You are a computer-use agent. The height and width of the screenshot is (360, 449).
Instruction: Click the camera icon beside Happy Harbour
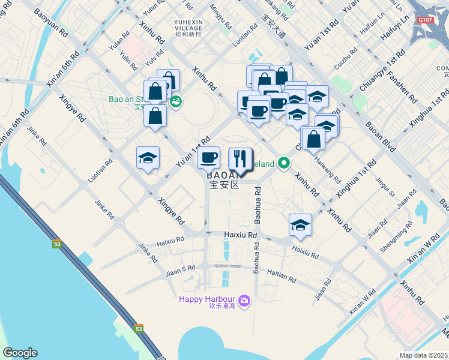244,299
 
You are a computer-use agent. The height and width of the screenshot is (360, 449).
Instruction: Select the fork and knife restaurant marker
240,159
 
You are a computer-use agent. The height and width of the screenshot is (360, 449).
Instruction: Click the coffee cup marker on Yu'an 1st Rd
208,158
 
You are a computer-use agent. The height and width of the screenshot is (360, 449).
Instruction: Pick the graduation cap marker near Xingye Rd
148,158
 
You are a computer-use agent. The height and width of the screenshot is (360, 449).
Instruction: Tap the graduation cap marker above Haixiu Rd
300,225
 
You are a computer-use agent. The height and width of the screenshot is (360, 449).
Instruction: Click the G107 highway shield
425,20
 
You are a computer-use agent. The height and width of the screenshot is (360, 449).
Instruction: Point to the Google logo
20,353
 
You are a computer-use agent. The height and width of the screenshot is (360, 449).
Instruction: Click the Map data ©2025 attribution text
424,355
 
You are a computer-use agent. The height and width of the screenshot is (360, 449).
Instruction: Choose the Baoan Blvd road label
381,137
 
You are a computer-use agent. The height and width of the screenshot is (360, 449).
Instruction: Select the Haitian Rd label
282,275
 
